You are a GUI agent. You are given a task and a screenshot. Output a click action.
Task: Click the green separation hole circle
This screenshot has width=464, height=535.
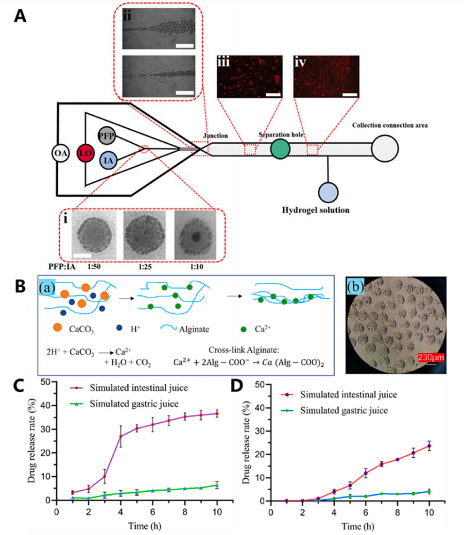pyautogui.click(x=280, y=148)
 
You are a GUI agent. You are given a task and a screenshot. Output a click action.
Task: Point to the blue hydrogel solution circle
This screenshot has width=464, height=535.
pyautogui.click(x=328, y=191)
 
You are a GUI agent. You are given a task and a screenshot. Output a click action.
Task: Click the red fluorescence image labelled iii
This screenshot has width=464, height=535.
pyautogui.click(x=250, y=77)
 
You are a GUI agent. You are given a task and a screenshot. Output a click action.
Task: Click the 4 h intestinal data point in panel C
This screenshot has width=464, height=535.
pyautogui.click(x=120, y=436)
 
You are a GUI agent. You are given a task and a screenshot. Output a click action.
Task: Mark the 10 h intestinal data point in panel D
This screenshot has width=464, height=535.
pyautogui.click(x=429, y=446)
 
